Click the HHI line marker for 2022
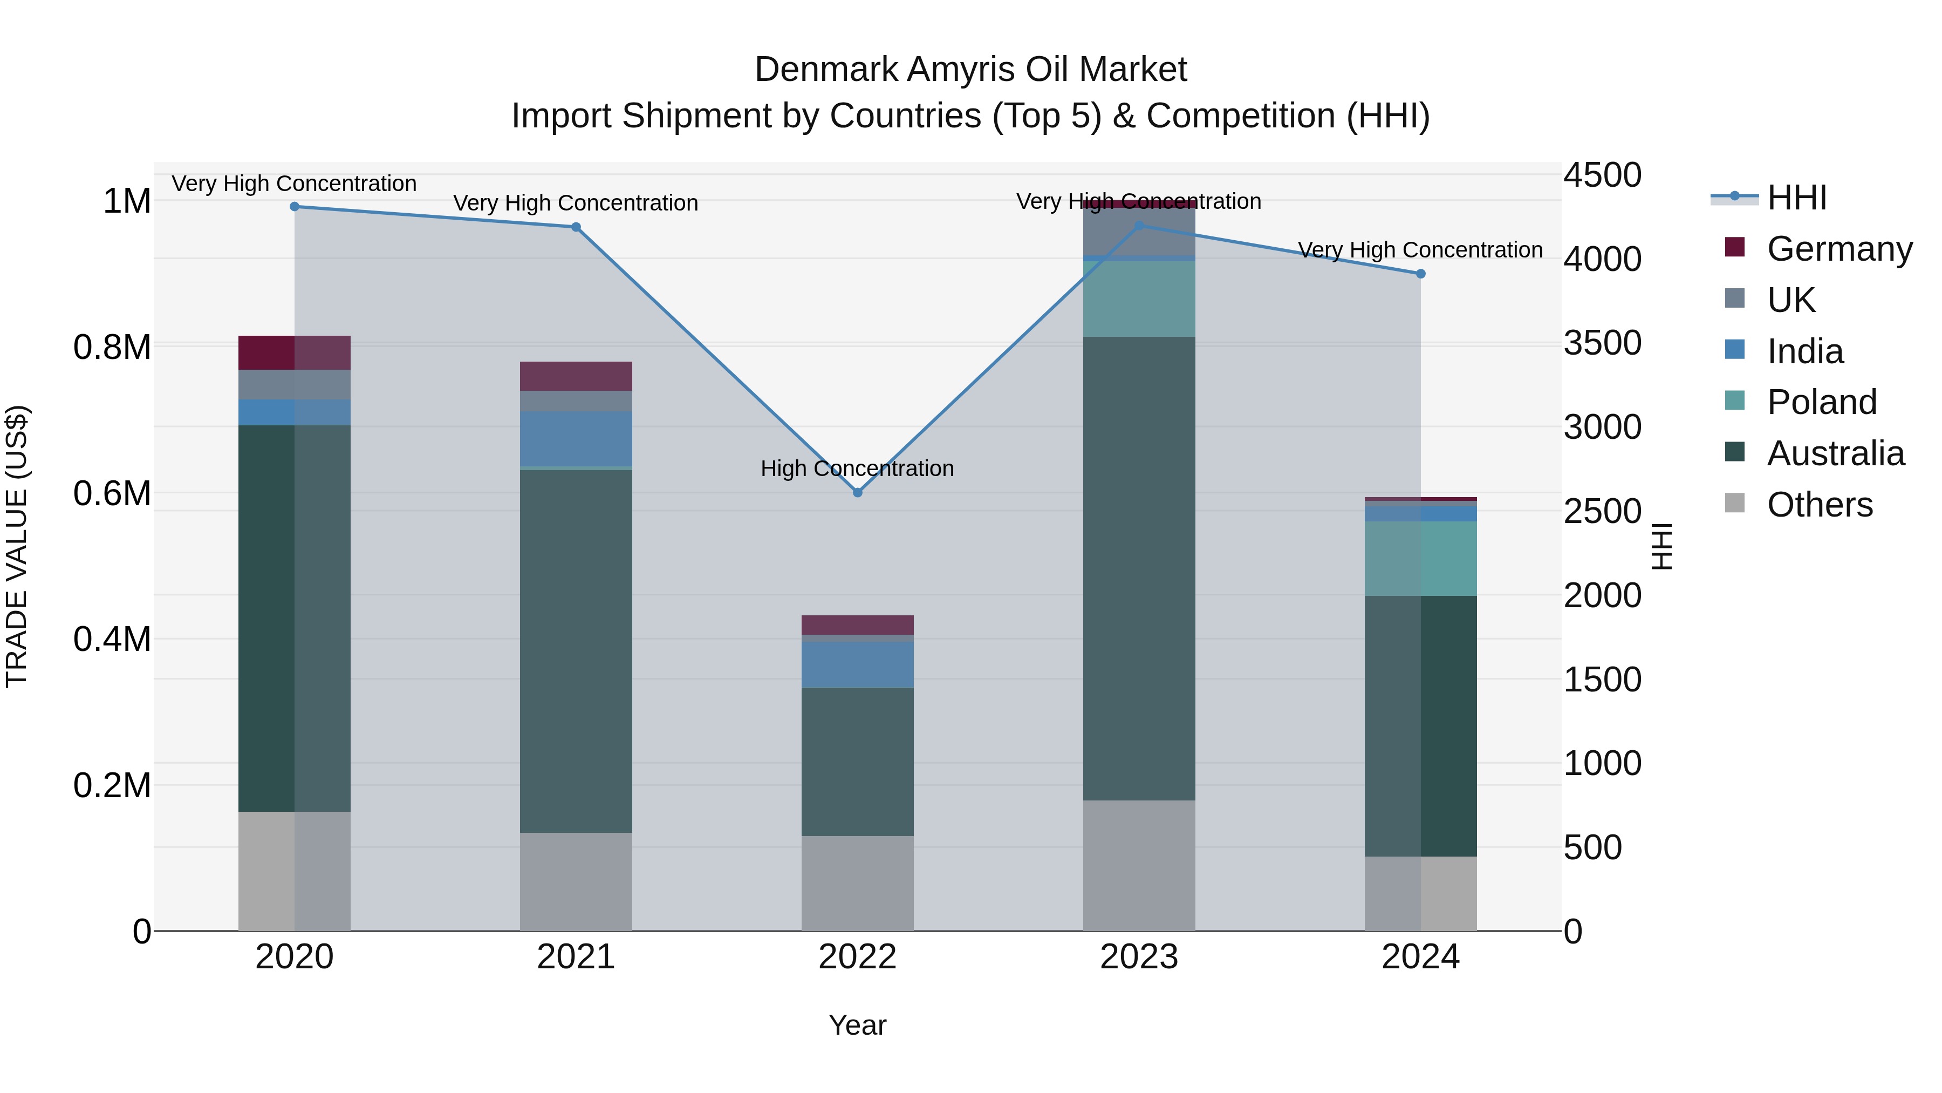857,493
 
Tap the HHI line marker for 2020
295,207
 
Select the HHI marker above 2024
1420,274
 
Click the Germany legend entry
1839,249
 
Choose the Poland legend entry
1821,402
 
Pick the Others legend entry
1819,505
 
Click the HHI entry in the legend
1796,198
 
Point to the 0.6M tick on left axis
112,493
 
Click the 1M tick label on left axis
127,201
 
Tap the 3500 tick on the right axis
1602,343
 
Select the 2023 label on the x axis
1138,957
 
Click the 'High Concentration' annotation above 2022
857,469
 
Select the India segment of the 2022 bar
857,664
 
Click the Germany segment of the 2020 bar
295,352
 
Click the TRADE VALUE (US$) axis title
17,546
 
